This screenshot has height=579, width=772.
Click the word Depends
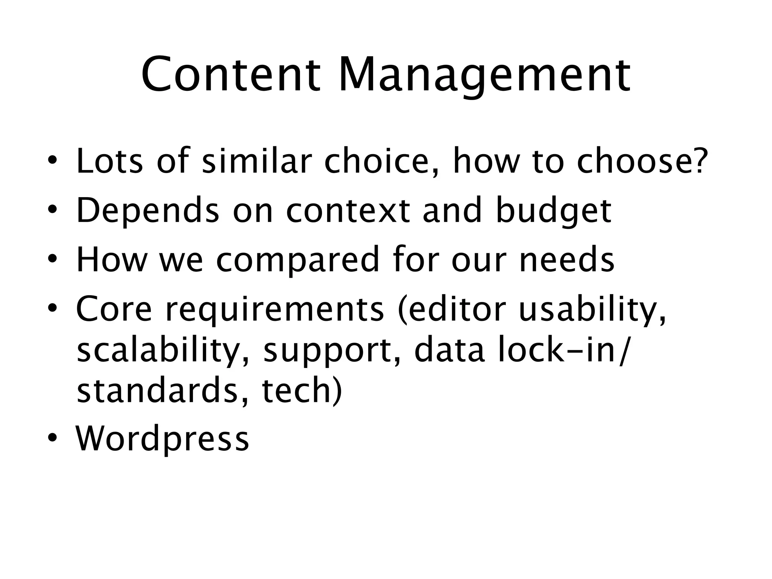pyautogui.click(x=147, y=210)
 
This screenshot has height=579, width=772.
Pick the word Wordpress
pyautogui.click(x=162, y=439)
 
